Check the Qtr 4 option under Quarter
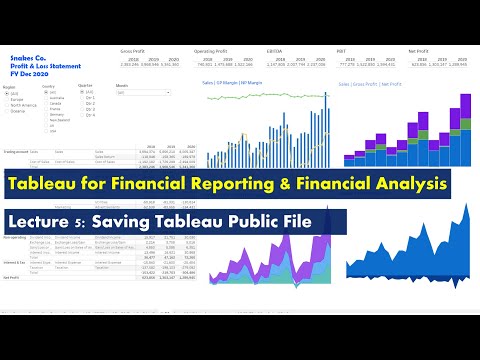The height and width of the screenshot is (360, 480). click(x=94, y=117)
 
